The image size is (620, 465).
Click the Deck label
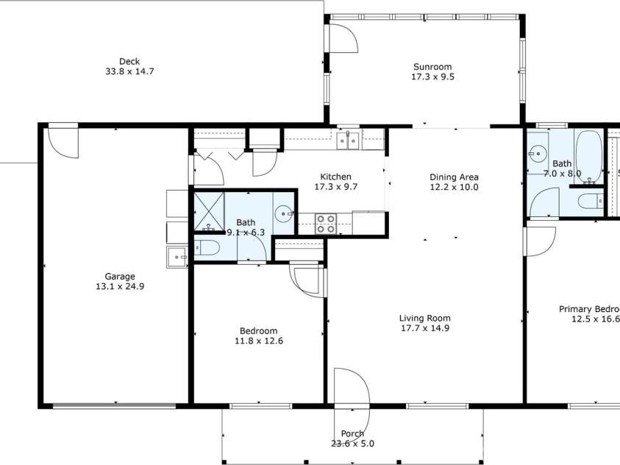point(129,61)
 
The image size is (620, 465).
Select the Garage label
point(119,277)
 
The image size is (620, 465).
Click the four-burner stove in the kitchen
point(326,224)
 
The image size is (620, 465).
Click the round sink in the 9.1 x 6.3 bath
point(284,214)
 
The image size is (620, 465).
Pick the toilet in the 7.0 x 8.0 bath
point(588,202)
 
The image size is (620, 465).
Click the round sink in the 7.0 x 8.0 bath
point(537,155)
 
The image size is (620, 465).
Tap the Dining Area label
point(454,177)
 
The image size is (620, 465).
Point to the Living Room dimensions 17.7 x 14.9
point(424,328)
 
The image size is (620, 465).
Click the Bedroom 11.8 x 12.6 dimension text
point(258,341)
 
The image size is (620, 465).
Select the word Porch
point(352,433)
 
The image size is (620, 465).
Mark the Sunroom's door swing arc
point(343,38)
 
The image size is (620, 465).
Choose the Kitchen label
point(335,177)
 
